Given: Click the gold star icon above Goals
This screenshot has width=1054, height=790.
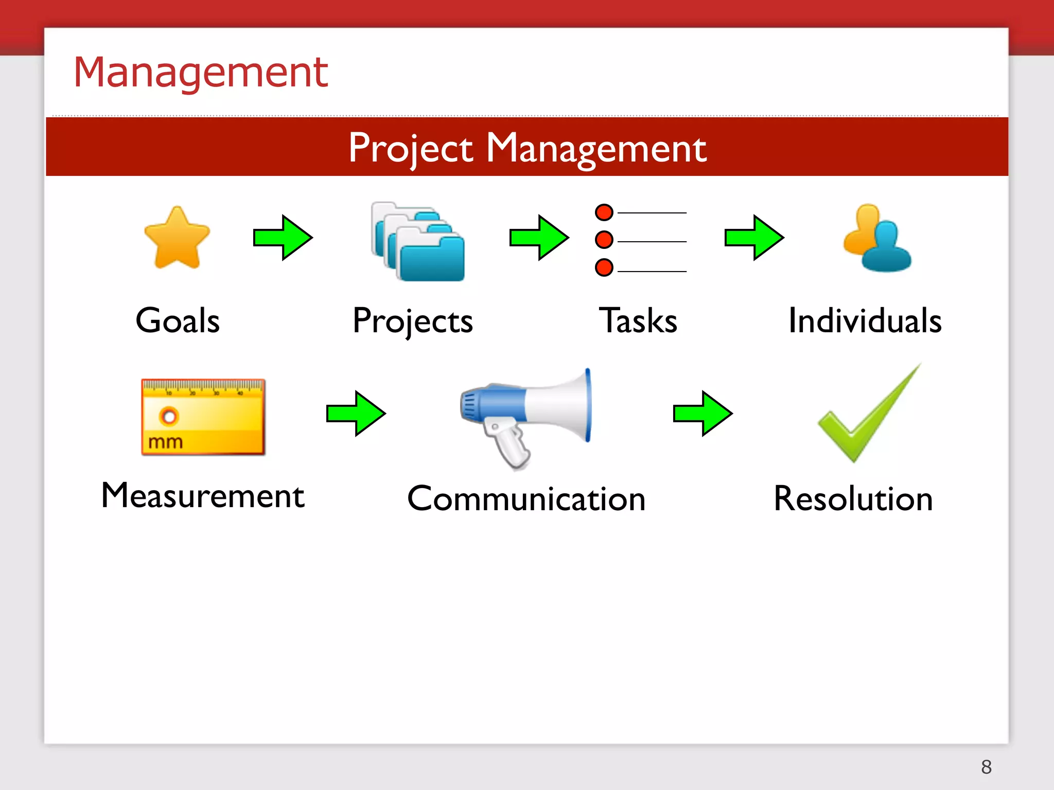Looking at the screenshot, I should coord(177,239).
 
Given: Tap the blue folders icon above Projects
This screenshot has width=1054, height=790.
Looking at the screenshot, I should coord(418,242).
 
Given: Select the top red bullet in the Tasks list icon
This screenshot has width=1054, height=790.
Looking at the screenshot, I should coord(604,212).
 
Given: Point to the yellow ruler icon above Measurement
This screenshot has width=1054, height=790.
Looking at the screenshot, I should coord(203,417).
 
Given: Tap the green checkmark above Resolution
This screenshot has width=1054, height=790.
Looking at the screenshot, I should coord(867,415).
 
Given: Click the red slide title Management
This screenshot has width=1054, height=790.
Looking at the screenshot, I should coord(201,73).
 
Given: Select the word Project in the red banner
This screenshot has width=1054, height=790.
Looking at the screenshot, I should coord(410,148).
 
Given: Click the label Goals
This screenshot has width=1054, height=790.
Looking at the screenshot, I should coord(178,320).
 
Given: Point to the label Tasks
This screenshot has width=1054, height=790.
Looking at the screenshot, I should coord(638,320).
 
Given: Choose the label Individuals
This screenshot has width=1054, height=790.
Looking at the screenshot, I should coord(865,320).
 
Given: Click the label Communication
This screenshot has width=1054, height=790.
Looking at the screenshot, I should coord(526,499).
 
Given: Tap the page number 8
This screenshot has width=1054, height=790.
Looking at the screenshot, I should coord(986,767).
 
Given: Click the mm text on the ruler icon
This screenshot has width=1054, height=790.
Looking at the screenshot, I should coord(165,442).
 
